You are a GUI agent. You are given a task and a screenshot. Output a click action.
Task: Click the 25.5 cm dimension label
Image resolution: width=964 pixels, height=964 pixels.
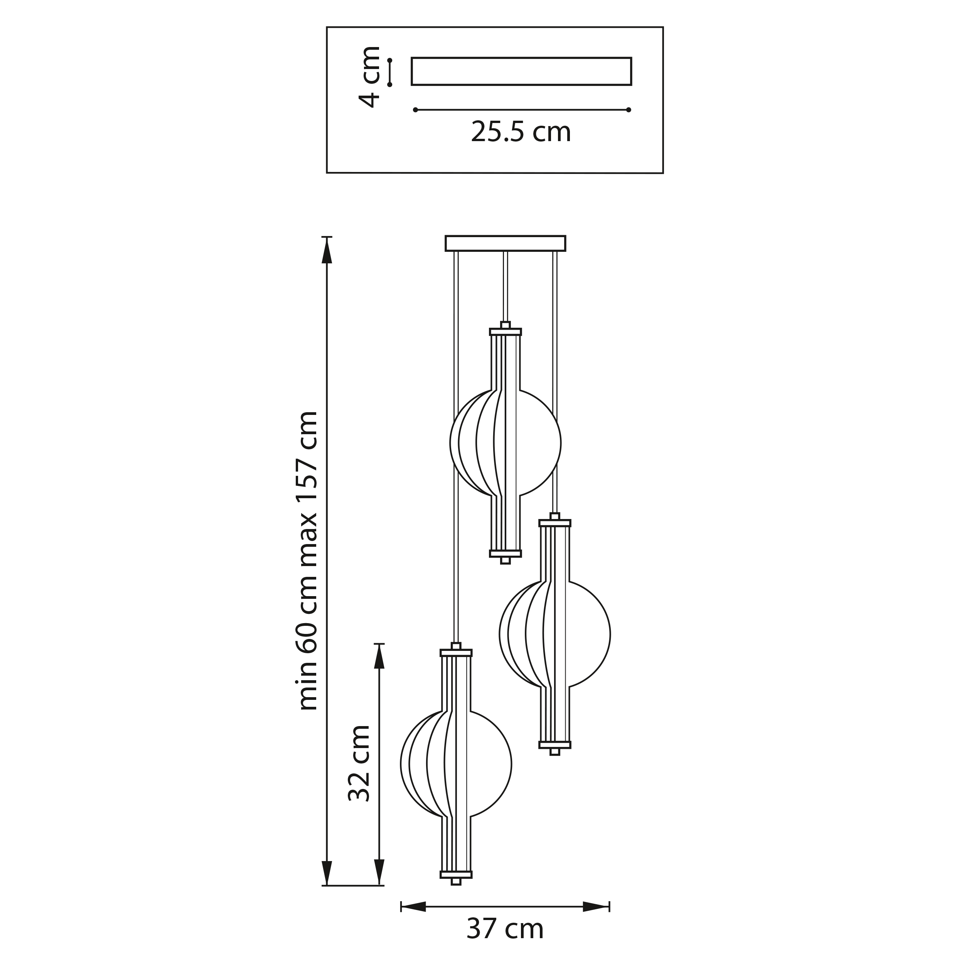tap(521, 132)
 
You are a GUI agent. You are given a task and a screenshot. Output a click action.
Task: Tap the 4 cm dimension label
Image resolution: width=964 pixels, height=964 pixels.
tap(370, 76)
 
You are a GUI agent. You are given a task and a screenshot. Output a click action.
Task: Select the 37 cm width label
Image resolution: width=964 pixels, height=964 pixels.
tap(505, 929)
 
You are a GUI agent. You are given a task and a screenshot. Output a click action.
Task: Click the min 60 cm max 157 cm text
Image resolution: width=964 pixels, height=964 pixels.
tap(307, 561)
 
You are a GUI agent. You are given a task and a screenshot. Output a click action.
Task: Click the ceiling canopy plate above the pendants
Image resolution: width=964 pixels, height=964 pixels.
tap(506, 243)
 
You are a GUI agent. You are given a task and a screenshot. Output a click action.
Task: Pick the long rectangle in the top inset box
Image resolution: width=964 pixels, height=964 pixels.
tap(521, 71)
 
